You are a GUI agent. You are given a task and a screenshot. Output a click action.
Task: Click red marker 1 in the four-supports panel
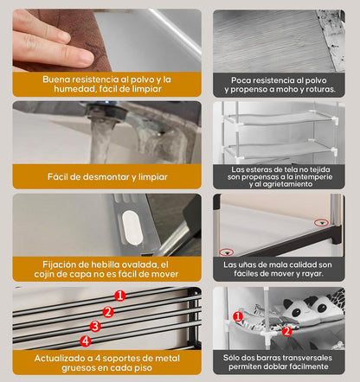coord(119,296)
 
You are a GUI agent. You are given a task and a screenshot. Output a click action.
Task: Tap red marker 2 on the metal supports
coord(108,311)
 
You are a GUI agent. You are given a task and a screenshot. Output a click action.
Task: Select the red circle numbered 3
coord(96,326)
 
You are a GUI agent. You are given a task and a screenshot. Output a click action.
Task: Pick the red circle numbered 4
coord(86,341)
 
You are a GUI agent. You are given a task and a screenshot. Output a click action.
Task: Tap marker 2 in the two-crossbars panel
coord(286,329)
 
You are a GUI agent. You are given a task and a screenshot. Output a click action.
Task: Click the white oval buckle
coord(132,222)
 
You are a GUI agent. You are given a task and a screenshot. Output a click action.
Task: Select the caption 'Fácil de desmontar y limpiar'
coord(107,176)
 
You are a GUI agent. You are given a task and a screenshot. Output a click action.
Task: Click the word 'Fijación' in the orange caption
coord(61,264)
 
